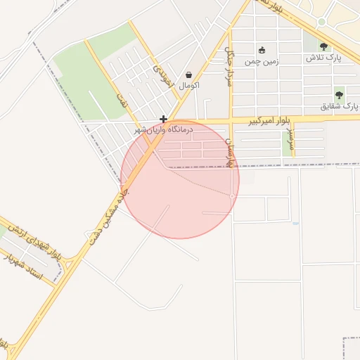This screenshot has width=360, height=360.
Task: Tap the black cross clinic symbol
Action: click(x=163, y=120)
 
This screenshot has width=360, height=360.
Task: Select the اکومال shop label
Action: click(x=189, y=85)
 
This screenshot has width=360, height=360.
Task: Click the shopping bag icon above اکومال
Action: click(x=189, y=75)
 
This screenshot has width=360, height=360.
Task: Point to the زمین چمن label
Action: click(x=262, y=61)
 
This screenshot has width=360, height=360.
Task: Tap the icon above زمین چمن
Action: click(x=262, y=50)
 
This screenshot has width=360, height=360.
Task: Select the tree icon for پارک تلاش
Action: click(x=323, y=46)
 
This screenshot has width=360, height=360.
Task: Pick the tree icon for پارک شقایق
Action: click(x=340, y=95)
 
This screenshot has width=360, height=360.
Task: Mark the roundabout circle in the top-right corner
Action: click(x=321, y=21)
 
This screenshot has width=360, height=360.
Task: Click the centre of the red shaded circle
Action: click(x=180, y=179)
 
